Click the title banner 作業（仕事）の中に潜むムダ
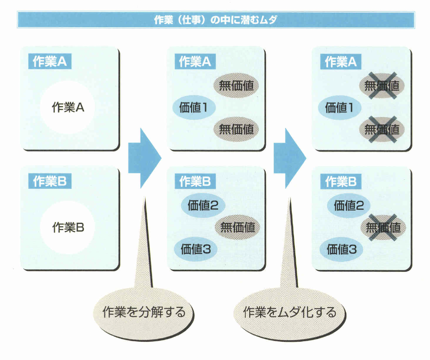215,20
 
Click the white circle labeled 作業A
68,107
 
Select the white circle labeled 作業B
68,228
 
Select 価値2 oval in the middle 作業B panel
203,205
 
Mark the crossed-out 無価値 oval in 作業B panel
383,228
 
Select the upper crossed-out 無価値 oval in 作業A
382,85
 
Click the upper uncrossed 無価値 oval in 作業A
236,85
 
